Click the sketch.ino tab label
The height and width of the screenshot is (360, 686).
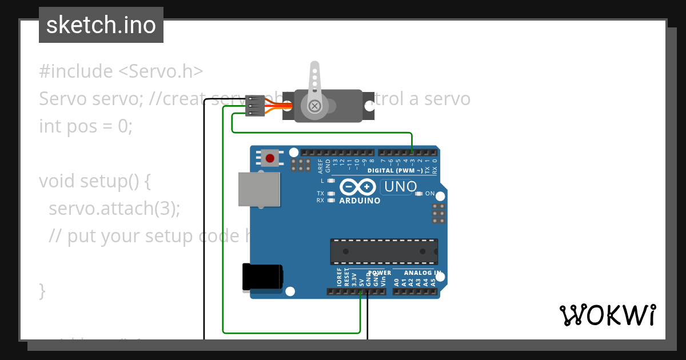[101, 25]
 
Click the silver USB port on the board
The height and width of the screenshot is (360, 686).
[259, 189]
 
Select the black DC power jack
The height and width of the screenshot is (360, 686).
[262, 277]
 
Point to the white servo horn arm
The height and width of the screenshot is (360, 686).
[314, 86]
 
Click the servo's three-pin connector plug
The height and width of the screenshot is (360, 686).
[254, 105]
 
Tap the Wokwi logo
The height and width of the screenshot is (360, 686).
[607, 315]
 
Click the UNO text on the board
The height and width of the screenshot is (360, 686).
[400, 187]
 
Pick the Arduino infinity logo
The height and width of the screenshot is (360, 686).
[358, 187]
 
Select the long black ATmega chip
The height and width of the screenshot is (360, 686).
[384, 251]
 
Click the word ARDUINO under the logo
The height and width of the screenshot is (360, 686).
[360, 201]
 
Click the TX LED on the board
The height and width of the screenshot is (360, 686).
[330, 194]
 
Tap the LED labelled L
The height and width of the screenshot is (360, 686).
[330, 181]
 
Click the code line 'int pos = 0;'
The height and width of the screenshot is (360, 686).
[86, 126]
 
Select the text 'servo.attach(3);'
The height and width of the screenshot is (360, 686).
[114, 208]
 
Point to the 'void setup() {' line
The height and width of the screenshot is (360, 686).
[95, 181]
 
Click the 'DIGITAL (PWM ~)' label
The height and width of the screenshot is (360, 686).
[396, 171]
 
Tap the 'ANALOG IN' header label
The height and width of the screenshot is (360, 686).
[422, 273]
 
